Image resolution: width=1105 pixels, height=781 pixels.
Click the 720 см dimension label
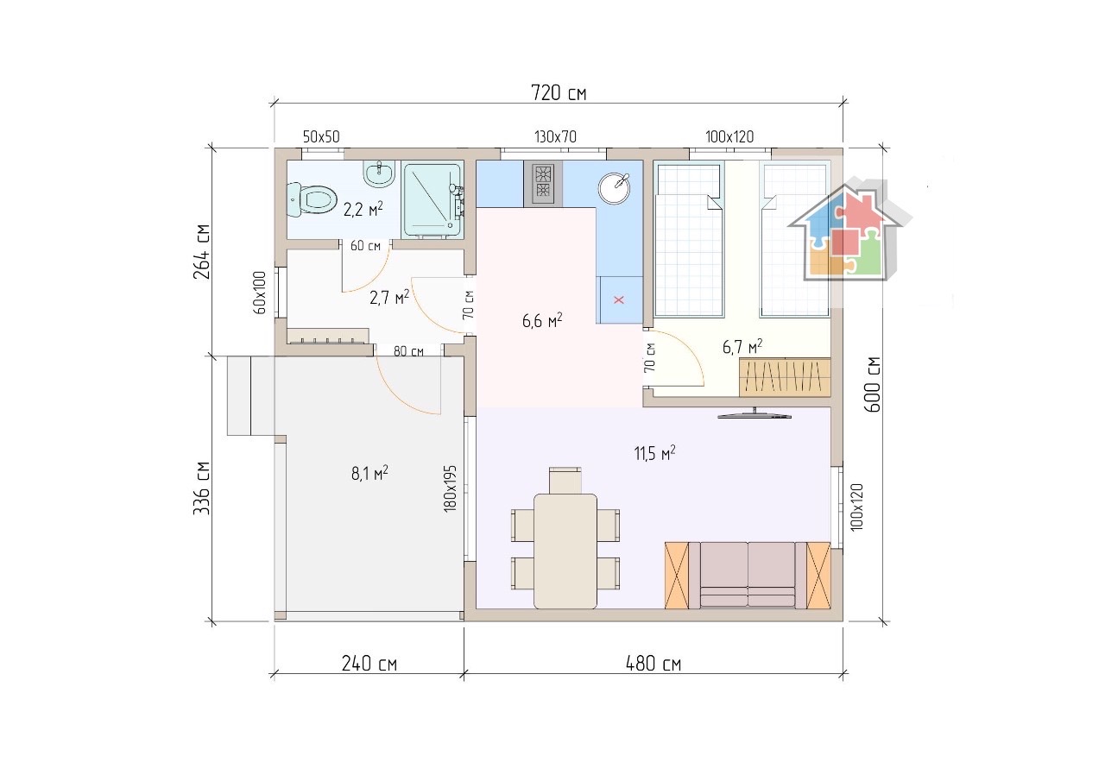(559, 92)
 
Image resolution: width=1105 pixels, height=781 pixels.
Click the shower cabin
(433, 199)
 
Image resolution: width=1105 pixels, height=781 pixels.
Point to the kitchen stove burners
(543, 184)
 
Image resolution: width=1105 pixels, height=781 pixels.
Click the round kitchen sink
(614, 187)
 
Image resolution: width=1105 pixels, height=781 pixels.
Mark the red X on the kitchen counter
(619, 299)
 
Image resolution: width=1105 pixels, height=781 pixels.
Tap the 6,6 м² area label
(541, 321)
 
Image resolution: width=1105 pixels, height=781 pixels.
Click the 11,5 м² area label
(654, 453)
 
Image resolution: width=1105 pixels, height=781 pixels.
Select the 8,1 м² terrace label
(369, 473)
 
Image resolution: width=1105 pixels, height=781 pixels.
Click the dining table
(565, 551)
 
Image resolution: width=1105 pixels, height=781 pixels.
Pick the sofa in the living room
(748, 575)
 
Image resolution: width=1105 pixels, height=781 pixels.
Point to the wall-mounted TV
(755, 414)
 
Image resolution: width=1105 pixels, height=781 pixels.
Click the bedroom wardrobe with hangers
(785, 377)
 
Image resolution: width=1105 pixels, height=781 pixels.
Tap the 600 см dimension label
(872, 385)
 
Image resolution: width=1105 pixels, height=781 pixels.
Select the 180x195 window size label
(450, 488)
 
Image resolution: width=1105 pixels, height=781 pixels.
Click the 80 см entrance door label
(408, 351)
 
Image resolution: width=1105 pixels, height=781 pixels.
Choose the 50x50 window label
(321, 136)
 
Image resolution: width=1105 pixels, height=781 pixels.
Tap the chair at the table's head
(565, 479)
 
